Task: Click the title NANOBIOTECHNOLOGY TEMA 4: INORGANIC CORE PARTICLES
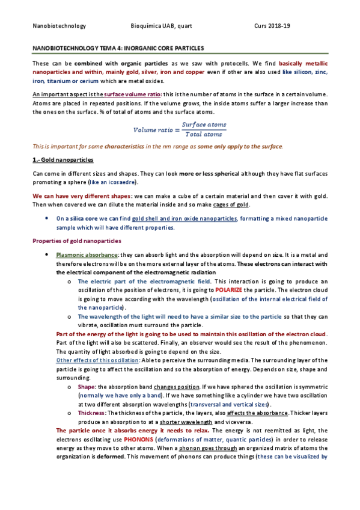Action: pos(118,47)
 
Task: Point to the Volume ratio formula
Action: pos(180,129)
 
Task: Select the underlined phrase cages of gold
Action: pos(232,206)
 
